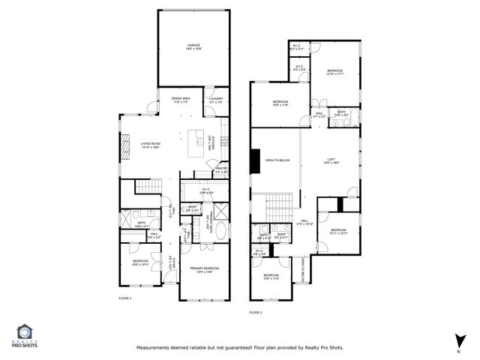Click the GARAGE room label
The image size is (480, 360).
click(x=193, y=46)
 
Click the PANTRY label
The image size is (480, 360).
click(x=221, y=170)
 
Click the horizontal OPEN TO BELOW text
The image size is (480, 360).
click(x=277, y=160)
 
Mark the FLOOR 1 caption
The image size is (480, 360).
click(x=124, y=298)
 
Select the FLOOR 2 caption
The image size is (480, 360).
click(x=256, y=312)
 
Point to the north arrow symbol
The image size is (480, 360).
click(x=457, y=340)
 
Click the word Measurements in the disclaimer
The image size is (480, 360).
click(x=155, y=348)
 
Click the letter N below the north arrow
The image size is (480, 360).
click(x=457, y=351)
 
